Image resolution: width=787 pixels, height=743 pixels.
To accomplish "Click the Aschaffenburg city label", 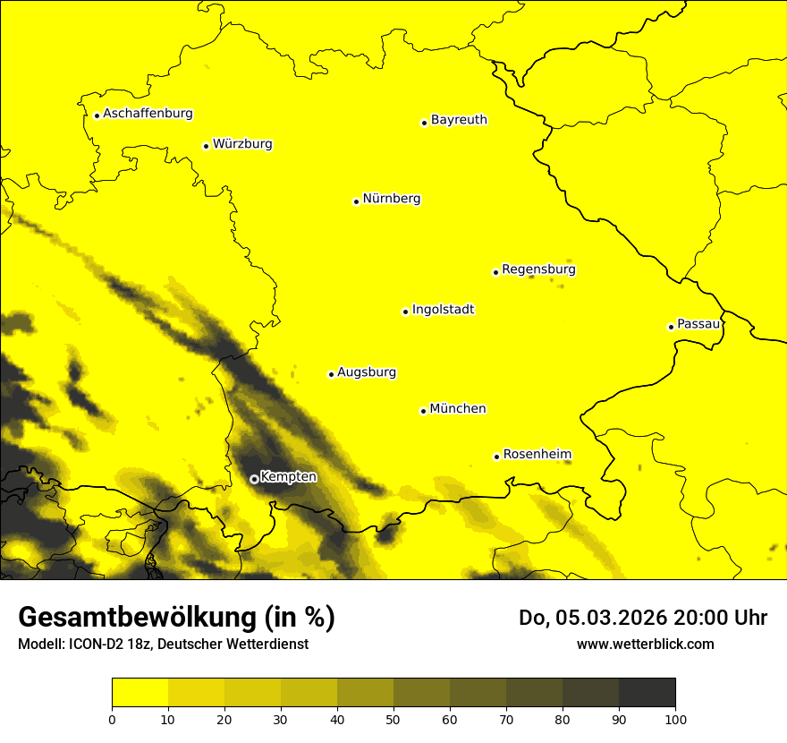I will click(x=148, y=114).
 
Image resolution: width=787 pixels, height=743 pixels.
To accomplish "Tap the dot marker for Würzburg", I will click(x=206, y=146).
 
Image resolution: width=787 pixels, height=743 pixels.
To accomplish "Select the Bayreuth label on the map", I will click(x=459, y=119).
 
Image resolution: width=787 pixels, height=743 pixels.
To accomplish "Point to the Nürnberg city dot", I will click(x=356, y=201).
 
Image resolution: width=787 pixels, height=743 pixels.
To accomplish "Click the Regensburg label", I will click(x=538, y=269).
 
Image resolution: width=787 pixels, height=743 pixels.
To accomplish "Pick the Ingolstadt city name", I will click(x=443, y=310).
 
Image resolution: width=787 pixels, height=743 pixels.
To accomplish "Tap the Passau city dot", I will click(x=671, y=327).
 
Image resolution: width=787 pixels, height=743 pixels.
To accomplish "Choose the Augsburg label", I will click(x=367, y=372).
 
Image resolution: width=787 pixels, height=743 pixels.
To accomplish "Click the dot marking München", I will click(x=423, y=411).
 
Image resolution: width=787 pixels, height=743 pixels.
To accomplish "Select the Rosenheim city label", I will click(x=537, y=454).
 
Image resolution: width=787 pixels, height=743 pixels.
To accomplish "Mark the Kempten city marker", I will click(x=254, y=479).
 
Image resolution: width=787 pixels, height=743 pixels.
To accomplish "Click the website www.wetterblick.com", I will click(x=645, y=644).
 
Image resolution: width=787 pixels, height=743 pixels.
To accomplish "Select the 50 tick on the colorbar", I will click(x=393, y=719).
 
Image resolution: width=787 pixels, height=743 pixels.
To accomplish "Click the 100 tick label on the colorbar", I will click(x=675, y=719).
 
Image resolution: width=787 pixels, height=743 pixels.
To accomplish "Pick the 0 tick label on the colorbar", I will click(x=112, y=719).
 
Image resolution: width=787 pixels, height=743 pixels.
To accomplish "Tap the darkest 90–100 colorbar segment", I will click(x=647, y=693).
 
